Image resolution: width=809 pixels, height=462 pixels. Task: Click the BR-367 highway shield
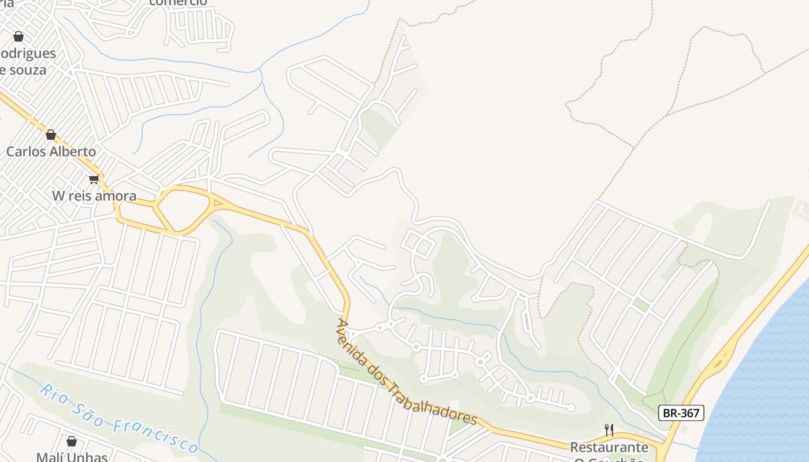click(x=681, y=413)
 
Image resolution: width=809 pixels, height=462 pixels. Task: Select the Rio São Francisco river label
click(x=118, y=419)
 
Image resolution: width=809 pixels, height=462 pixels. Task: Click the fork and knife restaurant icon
click(x=609, y=430)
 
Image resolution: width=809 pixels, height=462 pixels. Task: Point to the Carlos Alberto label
click(x=51, y=152)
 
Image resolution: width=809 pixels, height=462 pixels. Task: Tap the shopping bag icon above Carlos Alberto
click(x=51, y=135)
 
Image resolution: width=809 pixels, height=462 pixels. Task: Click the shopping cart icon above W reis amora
click(x=94, y=179)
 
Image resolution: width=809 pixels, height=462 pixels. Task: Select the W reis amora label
click(x=94, y=196)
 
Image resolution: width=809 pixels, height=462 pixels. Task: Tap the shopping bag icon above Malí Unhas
click(x=72, y=442)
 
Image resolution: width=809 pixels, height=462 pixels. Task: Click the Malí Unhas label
click(x=72, y=457)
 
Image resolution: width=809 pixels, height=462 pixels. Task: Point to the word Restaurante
click(x=609, y=448)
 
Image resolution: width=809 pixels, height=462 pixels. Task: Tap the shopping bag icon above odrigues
click(x=18, y=36)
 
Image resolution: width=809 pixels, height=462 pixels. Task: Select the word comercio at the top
click(x=178, y=2)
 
